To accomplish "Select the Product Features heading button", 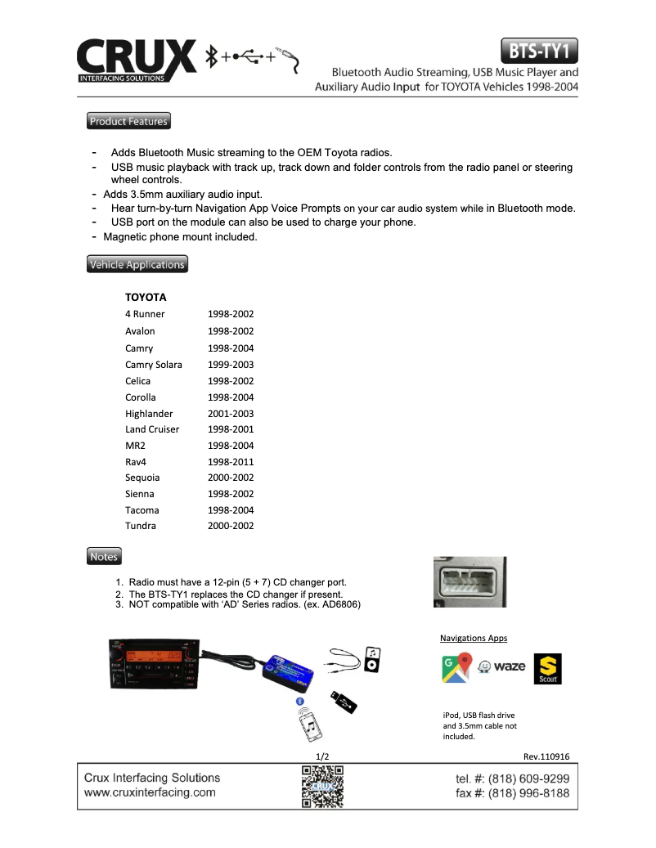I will pyautogui.click(x=128, y=122).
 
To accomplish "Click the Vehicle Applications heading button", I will pyautogui.click(x=137, y=265).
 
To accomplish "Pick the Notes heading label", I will pyautogui.click(x=104, y=557).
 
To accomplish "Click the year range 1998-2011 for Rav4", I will pyautogui.click(x=231, y=462).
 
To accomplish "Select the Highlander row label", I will pyautogui.click(x=149, y=414).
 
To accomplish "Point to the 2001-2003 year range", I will pyautogui.click(x=231, y=414).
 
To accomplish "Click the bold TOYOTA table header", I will pyautogui.click(x=146, y=298).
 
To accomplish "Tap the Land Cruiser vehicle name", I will pyautogui.click(x=152, y=429).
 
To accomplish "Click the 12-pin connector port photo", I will pyautogui.click(x=470, y=582).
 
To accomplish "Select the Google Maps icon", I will pyautogui.click(x=456, y=667).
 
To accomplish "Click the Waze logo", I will pyautogui.click(x=502, y=666).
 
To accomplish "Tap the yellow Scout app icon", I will pyautogui.click(x=547, y=668).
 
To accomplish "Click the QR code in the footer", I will pyautogui.click(x=322, y=785).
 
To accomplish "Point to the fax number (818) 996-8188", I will pyautogui.click(x=512, y=793).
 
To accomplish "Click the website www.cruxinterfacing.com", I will pyautogui.click(x=150, y=792).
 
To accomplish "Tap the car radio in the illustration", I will pyautogui.click(x=153, y=662).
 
